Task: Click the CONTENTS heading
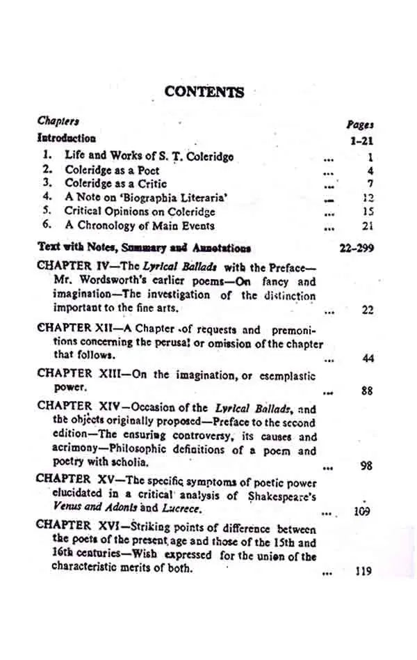204,92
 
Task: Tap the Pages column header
360,125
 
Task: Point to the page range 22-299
357,248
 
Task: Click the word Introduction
67,138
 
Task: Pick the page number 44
368,359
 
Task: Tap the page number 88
368,391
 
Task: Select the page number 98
367,466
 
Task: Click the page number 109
362,512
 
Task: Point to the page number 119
363,572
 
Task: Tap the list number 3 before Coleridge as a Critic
47,183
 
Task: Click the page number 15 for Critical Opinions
369,212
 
